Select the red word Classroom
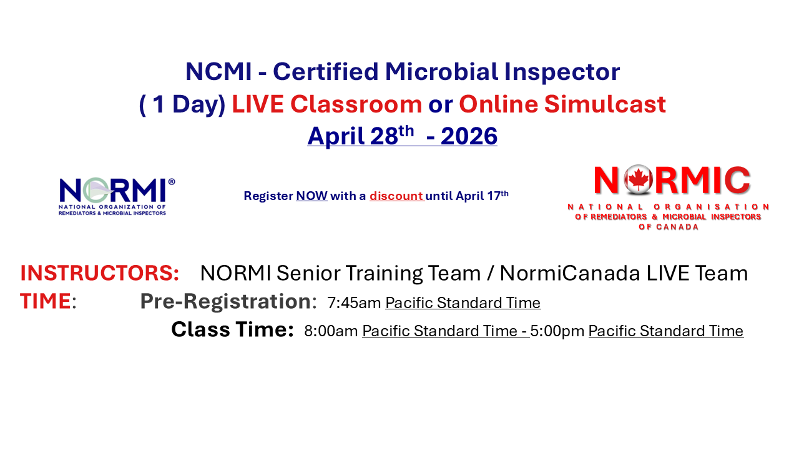tap(356, 104)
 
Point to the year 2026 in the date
tap(469, 137)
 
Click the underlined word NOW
tap(311, 196)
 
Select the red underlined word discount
tap(396, 196)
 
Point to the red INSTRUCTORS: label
tap(100, 274)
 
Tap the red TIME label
tap(45, 302)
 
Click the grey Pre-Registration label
tap(225, 302)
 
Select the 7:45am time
tap(354, 304)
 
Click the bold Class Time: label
tap(232, 330)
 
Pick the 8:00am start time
tap(331, 331)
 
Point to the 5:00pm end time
tap(557, 331)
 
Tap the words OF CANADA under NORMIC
tap(669, 227)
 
